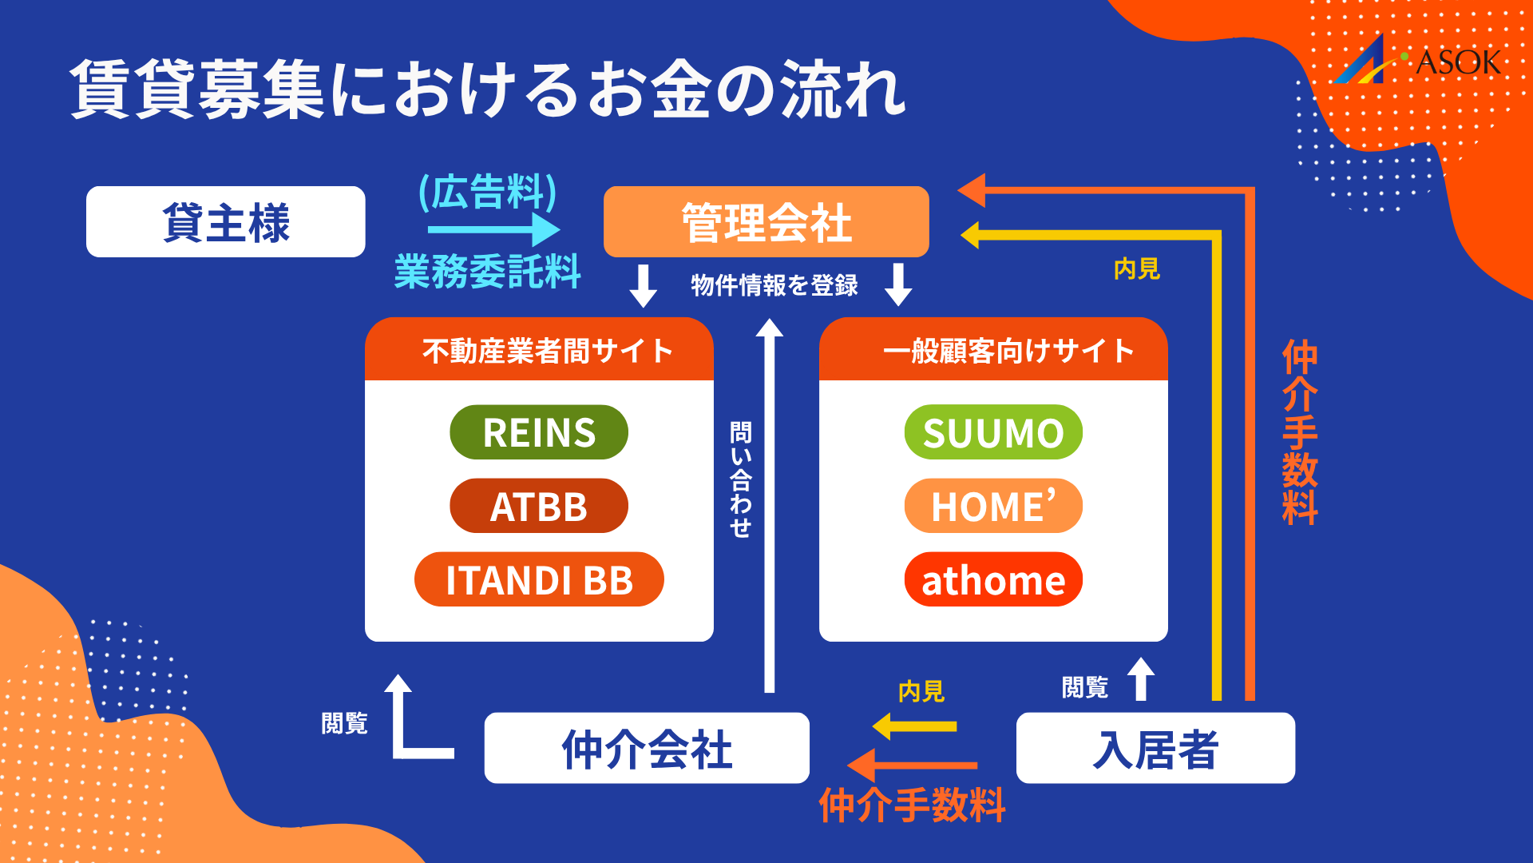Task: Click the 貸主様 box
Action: click(x=225, y=222)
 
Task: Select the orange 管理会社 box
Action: click(x=766, y=222)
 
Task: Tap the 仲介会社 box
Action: click(x=647, y=748)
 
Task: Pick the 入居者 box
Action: click(x=1155, y=748)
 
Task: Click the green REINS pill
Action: click(x=539, y=432)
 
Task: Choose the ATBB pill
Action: click(x=539, y=506)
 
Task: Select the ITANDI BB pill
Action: click(x=539, y=579)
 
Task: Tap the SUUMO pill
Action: click(x=993, y=432)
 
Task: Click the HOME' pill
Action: click(x=993, y=506)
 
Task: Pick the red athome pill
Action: click(x=993, y=579)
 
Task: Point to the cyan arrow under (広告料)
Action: click(x=493, y=230)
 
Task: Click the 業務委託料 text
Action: click(x=487, y=271)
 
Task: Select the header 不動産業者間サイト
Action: click(x=547, y=350)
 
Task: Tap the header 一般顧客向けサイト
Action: click(x=1008, y=350)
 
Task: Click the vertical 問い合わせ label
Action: click(x=741, y=479)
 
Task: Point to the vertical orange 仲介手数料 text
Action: click(x=1299, y=431)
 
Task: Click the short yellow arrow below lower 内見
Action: click(x=915, y=726)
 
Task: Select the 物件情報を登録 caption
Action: click(x=774, y=284)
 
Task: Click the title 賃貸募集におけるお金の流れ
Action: click(x=487, y=89)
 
